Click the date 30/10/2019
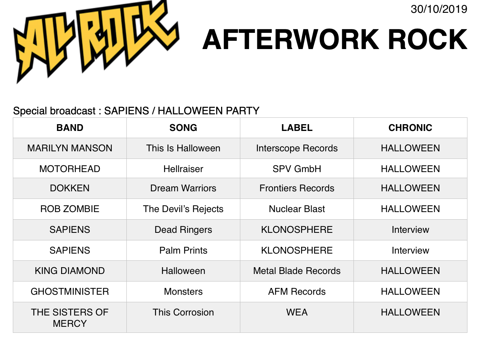[x=439, y=9]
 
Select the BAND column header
[x=70, y=128]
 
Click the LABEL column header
[x=297, y=128]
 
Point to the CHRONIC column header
[x=410, y=128]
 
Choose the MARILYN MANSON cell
[x=70, y=148]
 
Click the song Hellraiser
[x=183, y=169]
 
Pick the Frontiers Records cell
[x=297, y=188]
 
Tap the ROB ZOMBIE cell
[x=70, y=209]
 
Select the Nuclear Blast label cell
[x=297, y=209]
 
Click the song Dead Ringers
[x=183, y=230]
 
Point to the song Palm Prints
[x=183, y=250]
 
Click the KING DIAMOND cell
[x=70, y=271]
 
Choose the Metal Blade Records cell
[x=297, y=271]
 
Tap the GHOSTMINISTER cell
[x=70, y=292]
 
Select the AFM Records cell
[x=297, y=292]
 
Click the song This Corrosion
[x=183, y=312]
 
